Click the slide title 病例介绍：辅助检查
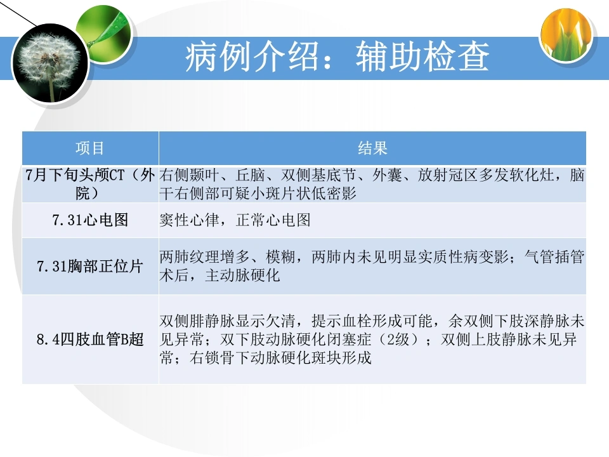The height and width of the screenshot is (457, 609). pos(337,57)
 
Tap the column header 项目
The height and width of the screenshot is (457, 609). pos(89,148)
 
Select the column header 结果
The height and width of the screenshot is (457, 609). pos(372,148)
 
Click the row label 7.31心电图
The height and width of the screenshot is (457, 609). pos(90,220)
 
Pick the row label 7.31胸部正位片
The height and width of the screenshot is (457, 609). pos(90,266)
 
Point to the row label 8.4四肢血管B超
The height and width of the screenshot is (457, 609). pos(90,339)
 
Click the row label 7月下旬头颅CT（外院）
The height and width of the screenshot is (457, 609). pos(90,184)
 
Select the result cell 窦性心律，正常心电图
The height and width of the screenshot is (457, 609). pos(235,220)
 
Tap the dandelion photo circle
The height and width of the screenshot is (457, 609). pos(51,63)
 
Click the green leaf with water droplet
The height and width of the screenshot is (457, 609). pos(104,31)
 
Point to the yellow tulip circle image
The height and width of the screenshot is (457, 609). pos(566,35)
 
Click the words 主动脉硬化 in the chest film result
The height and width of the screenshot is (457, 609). pos(243,275)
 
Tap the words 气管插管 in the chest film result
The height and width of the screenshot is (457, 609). pos(554,257)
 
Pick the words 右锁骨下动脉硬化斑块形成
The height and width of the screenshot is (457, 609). pos(280,357)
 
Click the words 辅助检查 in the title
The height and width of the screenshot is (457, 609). pos(422,57)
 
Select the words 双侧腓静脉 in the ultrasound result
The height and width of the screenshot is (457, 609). pos(197,321)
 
